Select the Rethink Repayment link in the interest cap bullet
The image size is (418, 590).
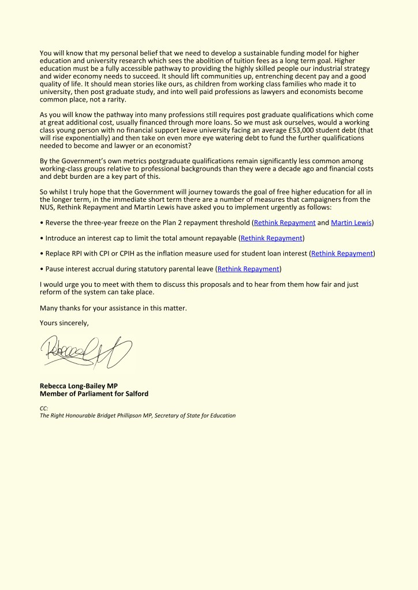(x=271, y=238)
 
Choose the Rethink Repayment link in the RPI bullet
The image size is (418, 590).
(x=342, y=253)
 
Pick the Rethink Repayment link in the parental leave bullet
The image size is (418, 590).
(x=248, y=269)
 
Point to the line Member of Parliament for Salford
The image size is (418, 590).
(x=94, y=394)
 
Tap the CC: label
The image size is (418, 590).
(x=44, y=408)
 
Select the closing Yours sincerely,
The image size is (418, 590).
(x=64, y=323)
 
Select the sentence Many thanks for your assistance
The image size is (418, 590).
(x=113, y=309)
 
